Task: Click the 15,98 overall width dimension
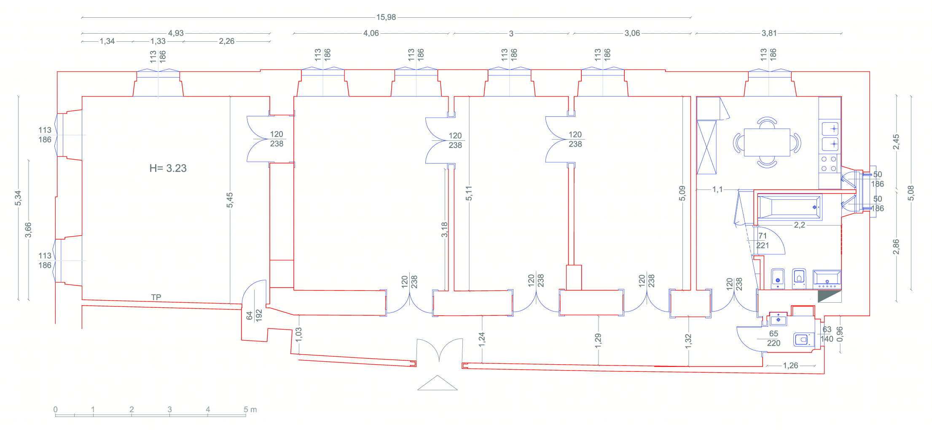point(386,17)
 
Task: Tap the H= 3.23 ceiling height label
point(168,168)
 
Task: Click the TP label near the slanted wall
point(156,297)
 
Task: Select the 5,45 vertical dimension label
point(230,200)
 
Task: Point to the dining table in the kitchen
point(767,142)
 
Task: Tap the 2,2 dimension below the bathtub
point(799,225)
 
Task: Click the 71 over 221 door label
point(763,241)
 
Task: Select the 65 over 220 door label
point(774,338)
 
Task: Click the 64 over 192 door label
point(254,315)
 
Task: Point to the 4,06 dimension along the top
point(371,33)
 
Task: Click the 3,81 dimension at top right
point(769,33)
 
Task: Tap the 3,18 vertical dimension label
point(445,230)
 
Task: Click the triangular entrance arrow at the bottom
point(438,383)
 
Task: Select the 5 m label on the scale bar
point(250,409)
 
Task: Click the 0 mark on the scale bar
point(55,409)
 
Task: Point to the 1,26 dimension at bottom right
point(790,365)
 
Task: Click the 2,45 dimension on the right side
point(896,142)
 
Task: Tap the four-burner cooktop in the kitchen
point(829,164)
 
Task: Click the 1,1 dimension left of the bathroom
point(717,190)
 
